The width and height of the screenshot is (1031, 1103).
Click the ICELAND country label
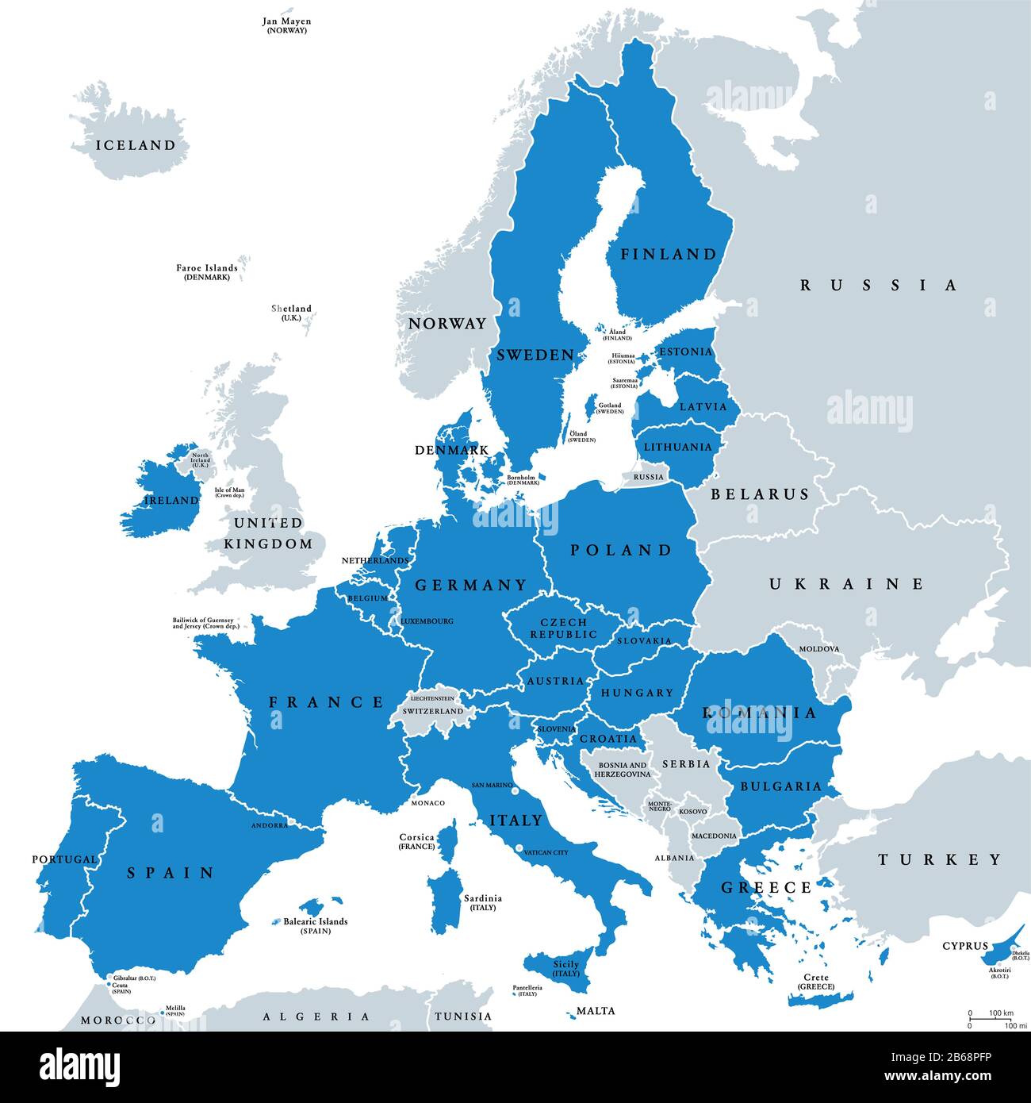tap(136, 145)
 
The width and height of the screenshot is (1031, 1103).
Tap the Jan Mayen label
tap(286, 25)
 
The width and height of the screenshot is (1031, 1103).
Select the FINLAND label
tap(669, 255)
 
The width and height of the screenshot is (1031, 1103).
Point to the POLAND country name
tap(621, 550)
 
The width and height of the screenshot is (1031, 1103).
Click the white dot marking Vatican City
tap(519, 849)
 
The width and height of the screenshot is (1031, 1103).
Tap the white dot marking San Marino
tap(515, 791)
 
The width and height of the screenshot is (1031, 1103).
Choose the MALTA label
tap(596, 1011)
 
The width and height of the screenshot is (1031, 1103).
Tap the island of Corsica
tap(449, 841)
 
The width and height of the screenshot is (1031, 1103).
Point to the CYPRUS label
tap(965, 946)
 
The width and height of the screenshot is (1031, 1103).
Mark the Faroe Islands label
tap(206, 272)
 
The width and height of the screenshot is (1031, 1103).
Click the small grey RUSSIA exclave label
tap(648, 477)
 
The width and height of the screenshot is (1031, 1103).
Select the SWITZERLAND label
tap(432, 711)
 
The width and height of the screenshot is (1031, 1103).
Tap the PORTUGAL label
tap(64, 859)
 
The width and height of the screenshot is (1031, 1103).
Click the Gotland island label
tap(610, 409)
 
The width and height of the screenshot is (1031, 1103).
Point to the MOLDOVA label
tap(818, 649)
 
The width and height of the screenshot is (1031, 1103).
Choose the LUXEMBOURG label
tap(427, 621)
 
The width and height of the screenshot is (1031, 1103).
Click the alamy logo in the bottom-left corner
tap(79, 1067)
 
